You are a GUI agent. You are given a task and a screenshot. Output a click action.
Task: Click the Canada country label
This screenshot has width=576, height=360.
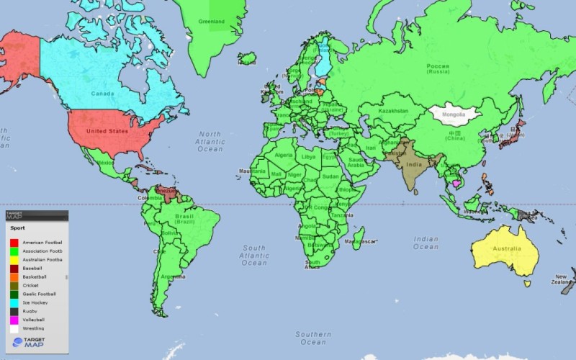coord(104,93)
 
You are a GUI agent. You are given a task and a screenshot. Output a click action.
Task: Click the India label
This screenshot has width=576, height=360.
coord(413,164)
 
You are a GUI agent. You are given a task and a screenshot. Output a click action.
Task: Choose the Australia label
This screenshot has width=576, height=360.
coord(506,249)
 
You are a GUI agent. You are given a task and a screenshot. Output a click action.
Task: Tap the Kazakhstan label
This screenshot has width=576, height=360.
coord(393,111)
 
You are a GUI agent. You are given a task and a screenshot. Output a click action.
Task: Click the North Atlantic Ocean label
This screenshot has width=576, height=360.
coord(210,141)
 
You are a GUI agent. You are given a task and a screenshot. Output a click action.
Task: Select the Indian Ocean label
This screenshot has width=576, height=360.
coord(426,243)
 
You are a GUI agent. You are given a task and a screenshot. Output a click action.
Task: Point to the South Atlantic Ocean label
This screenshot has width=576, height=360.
coord(254,255)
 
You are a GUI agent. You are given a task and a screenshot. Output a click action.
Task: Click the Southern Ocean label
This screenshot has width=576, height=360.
coord(313,338)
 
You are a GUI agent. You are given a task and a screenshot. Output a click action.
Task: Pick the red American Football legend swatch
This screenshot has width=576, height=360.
coord(14,243)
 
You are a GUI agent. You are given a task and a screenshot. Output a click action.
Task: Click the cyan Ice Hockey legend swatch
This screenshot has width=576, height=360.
coord(14,302)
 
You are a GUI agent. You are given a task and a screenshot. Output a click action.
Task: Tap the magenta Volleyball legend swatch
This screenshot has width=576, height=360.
coord(14,320)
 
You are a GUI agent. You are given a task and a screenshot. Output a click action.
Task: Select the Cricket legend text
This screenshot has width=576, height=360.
coord(30,285)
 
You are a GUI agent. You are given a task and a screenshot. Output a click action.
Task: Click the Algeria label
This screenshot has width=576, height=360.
coord(285,155)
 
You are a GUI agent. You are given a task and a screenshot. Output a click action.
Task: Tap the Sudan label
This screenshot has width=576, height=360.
coord(330,176)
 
